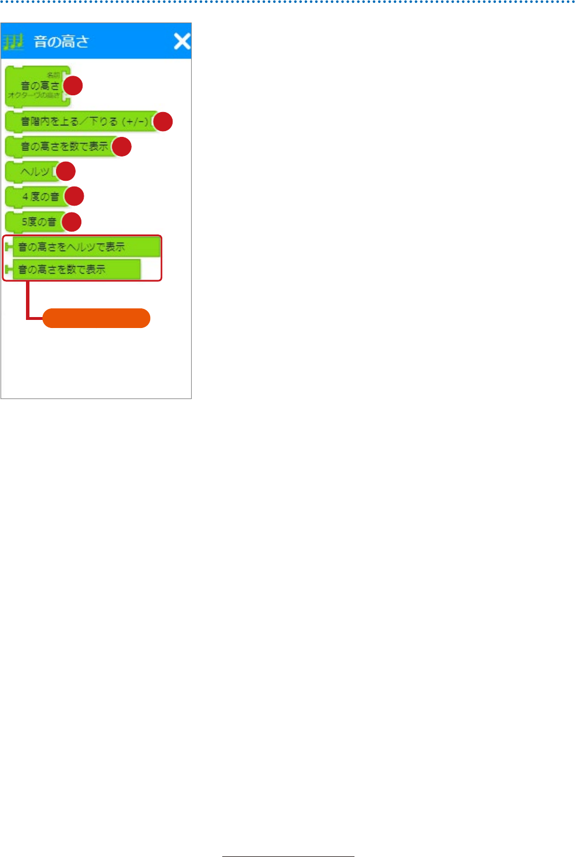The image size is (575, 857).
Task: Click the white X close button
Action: pos(182,41)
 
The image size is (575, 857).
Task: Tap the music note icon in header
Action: pos(13,42)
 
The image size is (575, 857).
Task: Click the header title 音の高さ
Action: pos(62,42)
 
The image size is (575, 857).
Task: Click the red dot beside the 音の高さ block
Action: pos(73,85)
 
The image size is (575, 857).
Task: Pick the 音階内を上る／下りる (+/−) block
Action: pos(81,122)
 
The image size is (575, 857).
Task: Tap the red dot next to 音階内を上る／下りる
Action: pos(163,121)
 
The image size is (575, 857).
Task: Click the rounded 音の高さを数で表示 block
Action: pos(61,147)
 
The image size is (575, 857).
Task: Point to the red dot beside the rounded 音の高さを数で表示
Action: pos(122,147)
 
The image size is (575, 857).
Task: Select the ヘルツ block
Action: pos(32,172)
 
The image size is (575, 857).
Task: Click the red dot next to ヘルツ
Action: pos(66,172)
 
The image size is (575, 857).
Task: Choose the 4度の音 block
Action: pos(36,197)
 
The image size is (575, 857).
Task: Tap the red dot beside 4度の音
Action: pos(74,197)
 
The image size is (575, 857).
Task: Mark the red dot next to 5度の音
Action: pos(72,222)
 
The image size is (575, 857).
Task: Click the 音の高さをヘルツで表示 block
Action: pos(84,247)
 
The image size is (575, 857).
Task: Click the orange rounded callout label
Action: pos(96,318)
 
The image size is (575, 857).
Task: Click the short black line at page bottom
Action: pos(288,856)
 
